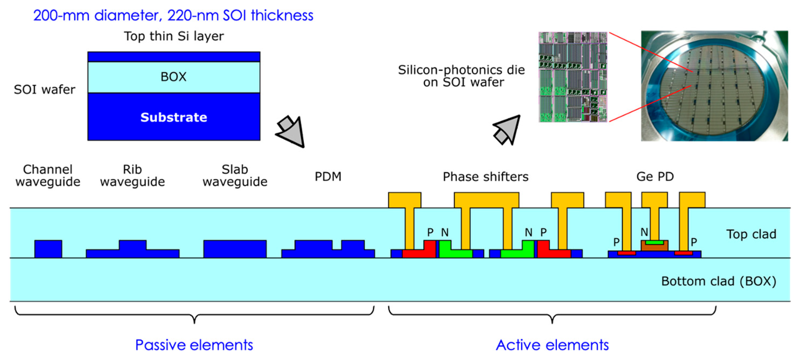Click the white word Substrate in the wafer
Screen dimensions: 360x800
tap(174, 117)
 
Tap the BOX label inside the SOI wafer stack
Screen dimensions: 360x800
tap(173, 77)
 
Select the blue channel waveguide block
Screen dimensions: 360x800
tap(48, 249)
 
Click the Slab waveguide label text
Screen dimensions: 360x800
tap(235, 175)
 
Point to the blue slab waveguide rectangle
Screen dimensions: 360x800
tap(235, 249)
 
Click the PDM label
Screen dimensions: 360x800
tap(328, 176)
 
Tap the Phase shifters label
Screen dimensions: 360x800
tap(486, 176)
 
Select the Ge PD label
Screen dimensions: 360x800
tap(655, 176)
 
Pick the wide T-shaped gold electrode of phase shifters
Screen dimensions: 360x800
tap(486, 200)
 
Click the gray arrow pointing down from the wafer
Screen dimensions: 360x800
tap(292, 132)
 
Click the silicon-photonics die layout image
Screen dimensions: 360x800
tap(573, 77)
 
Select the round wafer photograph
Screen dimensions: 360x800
tap(714, 86)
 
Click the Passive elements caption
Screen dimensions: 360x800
tap(194, 345)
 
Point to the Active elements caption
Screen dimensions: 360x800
tap(552, 345)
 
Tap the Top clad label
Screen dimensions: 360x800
tap(751, 234)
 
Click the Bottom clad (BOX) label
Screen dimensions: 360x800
tap(718, 281)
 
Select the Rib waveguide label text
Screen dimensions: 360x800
tap(132, 175)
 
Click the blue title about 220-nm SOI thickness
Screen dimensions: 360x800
tap(173, 15)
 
